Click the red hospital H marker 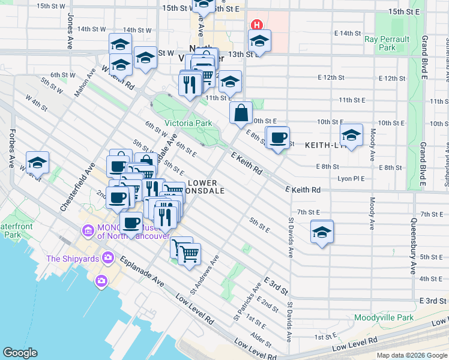click(256, 25)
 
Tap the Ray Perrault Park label click(387, 43)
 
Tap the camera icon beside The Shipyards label click(108, 259)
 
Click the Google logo click(20, 352)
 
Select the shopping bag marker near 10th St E click(241, 112)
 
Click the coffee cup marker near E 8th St click(277, 137)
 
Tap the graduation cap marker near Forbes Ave click(37, 162)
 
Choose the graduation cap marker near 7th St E click(322, 231)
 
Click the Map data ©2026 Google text click(412, 355)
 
